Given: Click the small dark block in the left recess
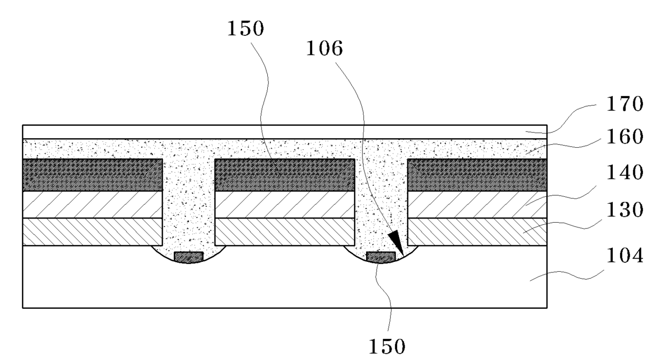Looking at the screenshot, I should pos(189,257).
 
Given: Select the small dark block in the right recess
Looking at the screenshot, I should pos(381,257).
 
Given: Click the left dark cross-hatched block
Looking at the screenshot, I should pos(92,175).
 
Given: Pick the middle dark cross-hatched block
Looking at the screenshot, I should pos(284,175).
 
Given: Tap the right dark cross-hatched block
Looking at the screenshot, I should pos(477,175).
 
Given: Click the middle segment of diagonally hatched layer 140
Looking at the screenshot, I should pos(284,204).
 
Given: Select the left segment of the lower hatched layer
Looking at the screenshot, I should pos(92,232).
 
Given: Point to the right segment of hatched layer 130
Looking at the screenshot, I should pos(477,232).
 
